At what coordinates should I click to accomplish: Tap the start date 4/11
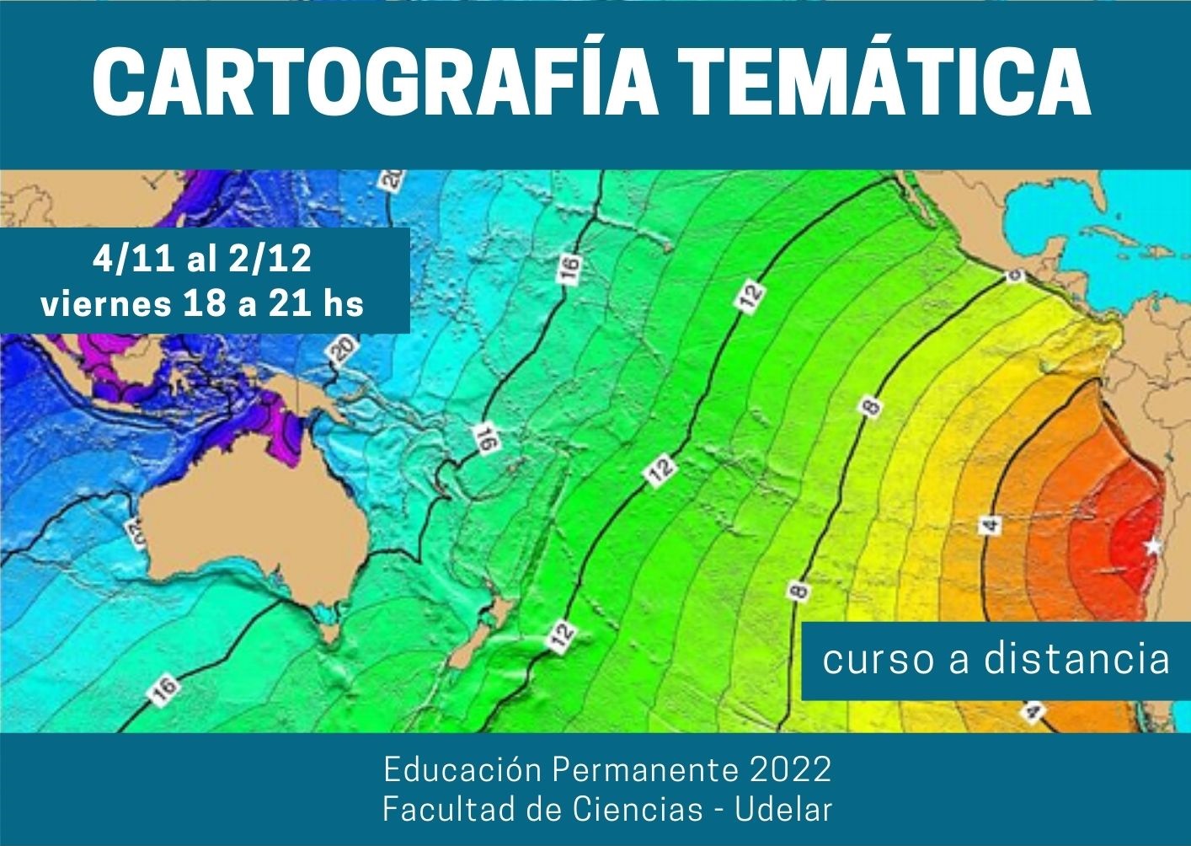(134, 260)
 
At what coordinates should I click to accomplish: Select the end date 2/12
(270, 260)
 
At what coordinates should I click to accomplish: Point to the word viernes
(104, 303)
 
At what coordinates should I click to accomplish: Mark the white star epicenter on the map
(1153, 547)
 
